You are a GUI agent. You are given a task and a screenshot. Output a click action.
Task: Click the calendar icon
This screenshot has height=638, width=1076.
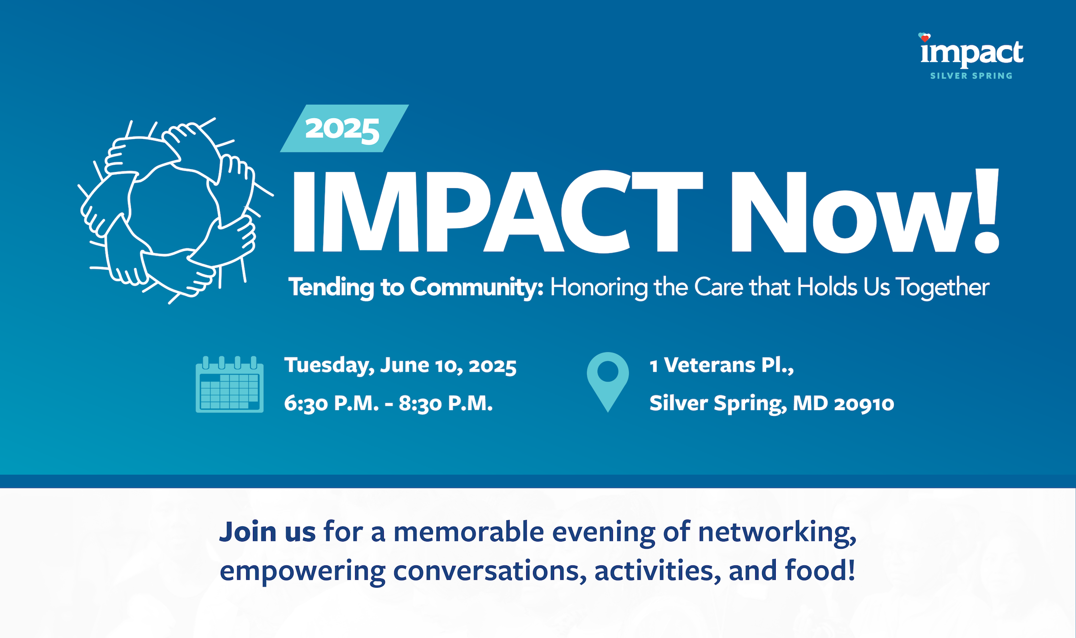tap(229, 384)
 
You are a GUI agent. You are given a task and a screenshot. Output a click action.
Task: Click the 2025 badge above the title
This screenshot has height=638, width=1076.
tap(344, 128)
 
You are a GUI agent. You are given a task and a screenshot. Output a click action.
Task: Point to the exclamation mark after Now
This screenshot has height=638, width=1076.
tap(986, 211)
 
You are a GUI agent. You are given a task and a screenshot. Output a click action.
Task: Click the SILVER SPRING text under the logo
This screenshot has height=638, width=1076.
tap(971, 76)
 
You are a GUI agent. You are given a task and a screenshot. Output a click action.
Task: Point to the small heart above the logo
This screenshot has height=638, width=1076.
tap(924, 37)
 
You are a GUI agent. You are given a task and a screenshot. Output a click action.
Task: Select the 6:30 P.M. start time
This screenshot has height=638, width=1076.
tap(331, 404)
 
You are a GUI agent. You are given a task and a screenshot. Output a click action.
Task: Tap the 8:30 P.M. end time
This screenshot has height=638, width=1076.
tap(446, 404)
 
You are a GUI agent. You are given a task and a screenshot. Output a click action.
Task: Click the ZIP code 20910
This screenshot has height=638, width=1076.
tap(864, 404)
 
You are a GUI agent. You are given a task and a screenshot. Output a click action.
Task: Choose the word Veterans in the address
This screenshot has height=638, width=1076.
tap(709, 365)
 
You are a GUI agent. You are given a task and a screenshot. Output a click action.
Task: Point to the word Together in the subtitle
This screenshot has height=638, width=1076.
tap(942, 287)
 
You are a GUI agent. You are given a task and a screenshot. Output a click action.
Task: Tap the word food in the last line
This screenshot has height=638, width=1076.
tap(816, 570)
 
